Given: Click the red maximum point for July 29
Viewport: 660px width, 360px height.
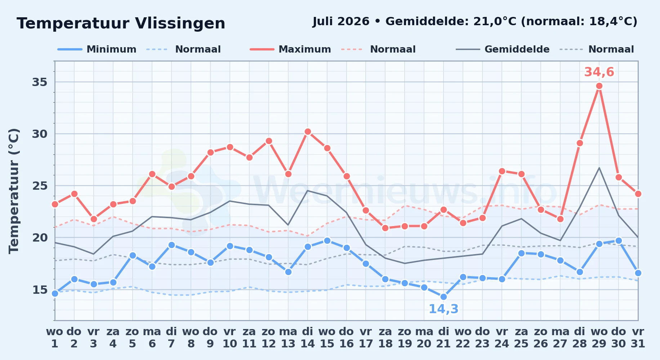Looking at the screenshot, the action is pyautogui.click(x=599, y=86).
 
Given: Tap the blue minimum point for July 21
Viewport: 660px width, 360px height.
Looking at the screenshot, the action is pyautogui.click(x=443, y=297).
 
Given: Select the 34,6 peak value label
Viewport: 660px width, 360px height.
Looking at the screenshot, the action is pyautogui.click(x=599, y=72).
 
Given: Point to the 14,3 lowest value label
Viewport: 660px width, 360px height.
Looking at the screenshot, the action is pyautogui.click(x=443, y=309).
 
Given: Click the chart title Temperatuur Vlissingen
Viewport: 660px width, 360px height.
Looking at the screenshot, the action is pyautogui.click(x=121, y=23).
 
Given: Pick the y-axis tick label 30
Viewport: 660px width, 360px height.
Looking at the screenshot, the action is pyautogui.click(x=40, y=134).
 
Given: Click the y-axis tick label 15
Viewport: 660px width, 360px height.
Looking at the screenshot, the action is pyautogui.click(x=40, y=290).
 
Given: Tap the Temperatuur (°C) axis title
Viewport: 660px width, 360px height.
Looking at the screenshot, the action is pyautogui.click(x=14, y=191).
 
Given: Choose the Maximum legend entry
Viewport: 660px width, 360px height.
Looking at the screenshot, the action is pyautogui.click(x=290, y=49).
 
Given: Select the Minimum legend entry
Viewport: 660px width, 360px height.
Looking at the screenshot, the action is pyautogui.click(x=97, y=49).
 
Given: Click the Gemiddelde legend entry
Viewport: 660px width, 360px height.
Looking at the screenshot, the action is pyautogui.click(x=503, y=49).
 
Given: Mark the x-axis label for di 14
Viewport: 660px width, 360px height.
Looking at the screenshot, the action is pyautogui.click(x=308, y=338).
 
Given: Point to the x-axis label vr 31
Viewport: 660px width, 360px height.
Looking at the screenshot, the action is pyautogui.click(x=638, y=338).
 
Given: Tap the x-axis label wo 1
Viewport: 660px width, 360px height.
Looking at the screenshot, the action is pyautogui.click(x=55, y=338).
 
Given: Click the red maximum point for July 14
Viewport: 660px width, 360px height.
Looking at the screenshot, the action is pyautogui.click(x=308, y=132).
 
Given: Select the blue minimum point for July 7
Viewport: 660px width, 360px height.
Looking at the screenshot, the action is pyautogui.click(x=171, y=245).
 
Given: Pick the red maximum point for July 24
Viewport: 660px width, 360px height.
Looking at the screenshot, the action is pyautogui.click(x=502, y=171).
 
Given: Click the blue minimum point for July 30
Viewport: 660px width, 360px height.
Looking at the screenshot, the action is pyautogui.click(x=619, y=241).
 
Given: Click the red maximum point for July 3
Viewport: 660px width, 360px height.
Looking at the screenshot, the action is pyautogui.click(x=94, y=219).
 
